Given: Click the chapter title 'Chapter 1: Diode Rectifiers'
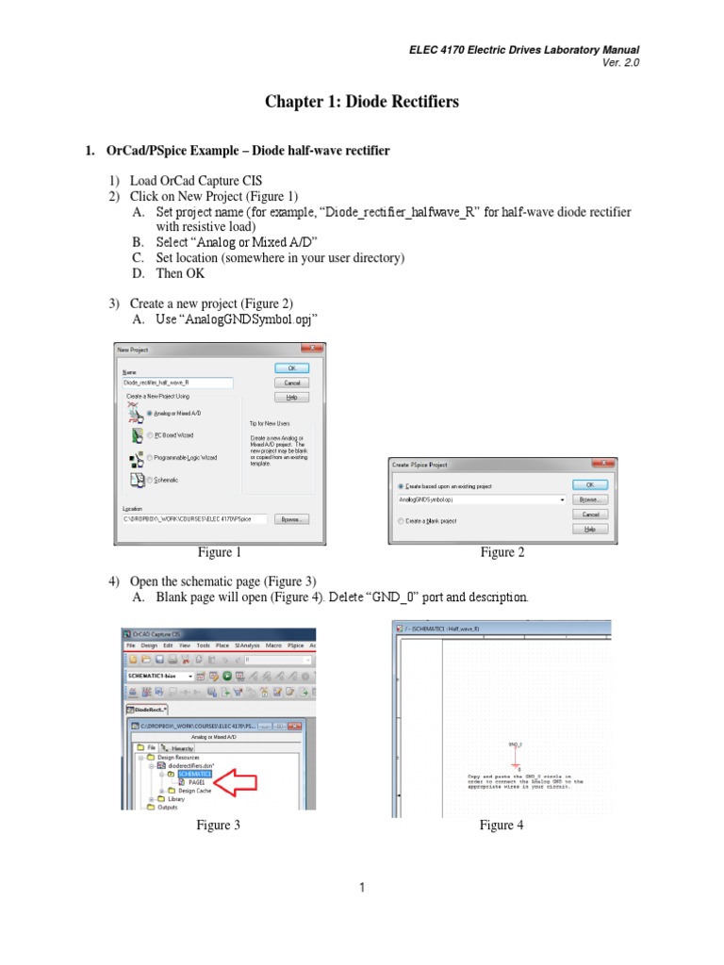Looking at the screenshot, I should pos(362,102).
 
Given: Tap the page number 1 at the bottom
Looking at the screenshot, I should pos(362,887).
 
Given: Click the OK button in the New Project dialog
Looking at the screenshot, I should pos(291,368).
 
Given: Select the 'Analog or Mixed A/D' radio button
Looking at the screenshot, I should pos(151,414).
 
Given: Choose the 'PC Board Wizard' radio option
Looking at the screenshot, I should pos(151,434).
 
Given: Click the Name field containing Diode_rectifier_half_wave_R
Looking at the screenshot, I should pos(177,383).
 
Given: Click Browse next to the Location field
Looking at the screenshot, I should pos(290,519).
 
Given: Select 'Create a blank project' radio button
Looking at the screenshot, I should pos(402,520).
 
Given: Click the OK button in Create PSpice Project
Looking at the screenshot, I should pos(590,484).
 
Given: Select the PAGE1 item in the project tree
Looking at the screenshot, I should pos(197,782).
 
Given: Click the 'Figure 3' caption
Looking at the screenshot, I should pos(218,826).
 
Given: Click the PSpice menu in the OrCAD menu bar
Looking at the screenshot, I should pos(295,646).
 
